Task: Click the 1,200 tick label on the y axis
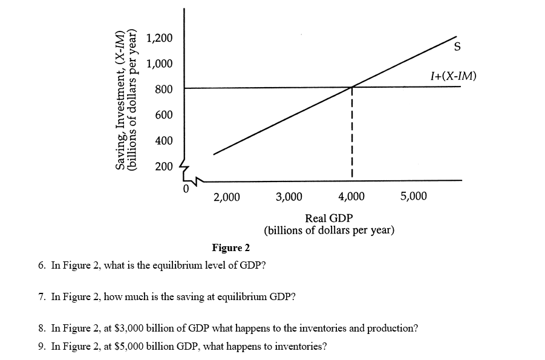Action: pyautogui.click(x=160, y=38)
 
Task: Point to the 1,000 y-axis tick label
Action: pyautogui.click(x=160, y=64)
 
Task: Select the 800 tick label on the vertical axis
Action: pyautogui.click(x=164, y=90)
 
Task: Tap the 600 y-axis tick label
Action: pyautogui.click(x=164, y=115)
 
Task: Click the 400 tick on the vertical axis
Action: pyautogui.click(x=164, y=140)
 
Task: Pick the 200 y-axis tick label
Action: pyautogui.click(x=164, y=166)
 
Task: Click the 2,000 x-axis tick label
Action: pyautogui.click(x=227, y=197)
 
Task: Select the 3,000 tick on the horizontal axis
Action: pyautogui.click(x=289, y=197)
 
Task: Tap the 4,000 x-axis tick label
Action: pyautogui.click(x=351, y=197)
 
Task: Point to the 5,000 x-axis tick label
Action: pyautogui.click(x=414, y=197)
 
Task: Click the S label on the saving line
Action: pyautogui.click(x=459, y=47)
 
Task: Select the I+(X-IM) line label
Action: pyautogui.click(x=453, y=76)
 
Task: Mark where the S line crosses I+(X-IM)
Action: pyautogui.click(x=352, y=87)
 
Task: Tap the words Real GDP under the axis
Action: pyautogui.click(x=329, y=218)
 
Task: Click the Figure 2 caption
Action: pyautogui.click(x=230, y=248)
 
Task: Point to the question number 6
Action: pyautogui.click(x=41, y=266)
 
